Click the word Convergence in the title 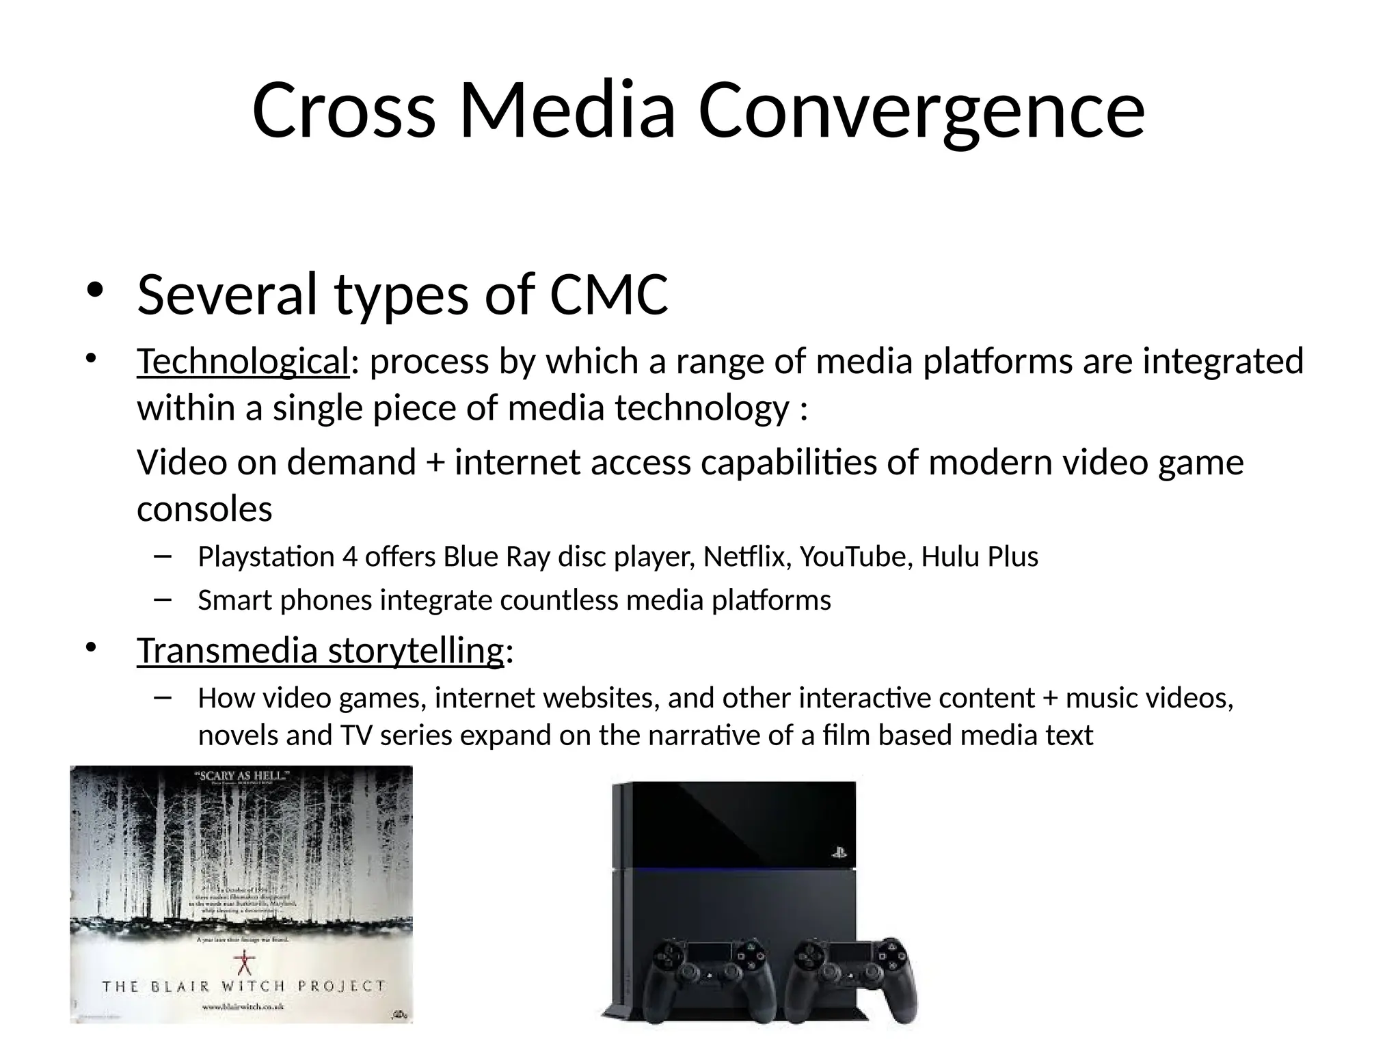point(921,111)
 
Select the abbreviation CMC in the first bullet point(608,295)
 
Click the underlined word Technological point(243,362)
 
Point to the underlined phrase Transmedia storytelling point(320,650)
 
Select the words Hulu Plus point(979,557)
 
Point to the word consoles point(204,509)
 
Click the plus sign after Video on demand point(435,463)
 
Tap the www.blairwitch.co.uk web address point(243,1007)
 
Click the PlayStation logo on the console point(839,853)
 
